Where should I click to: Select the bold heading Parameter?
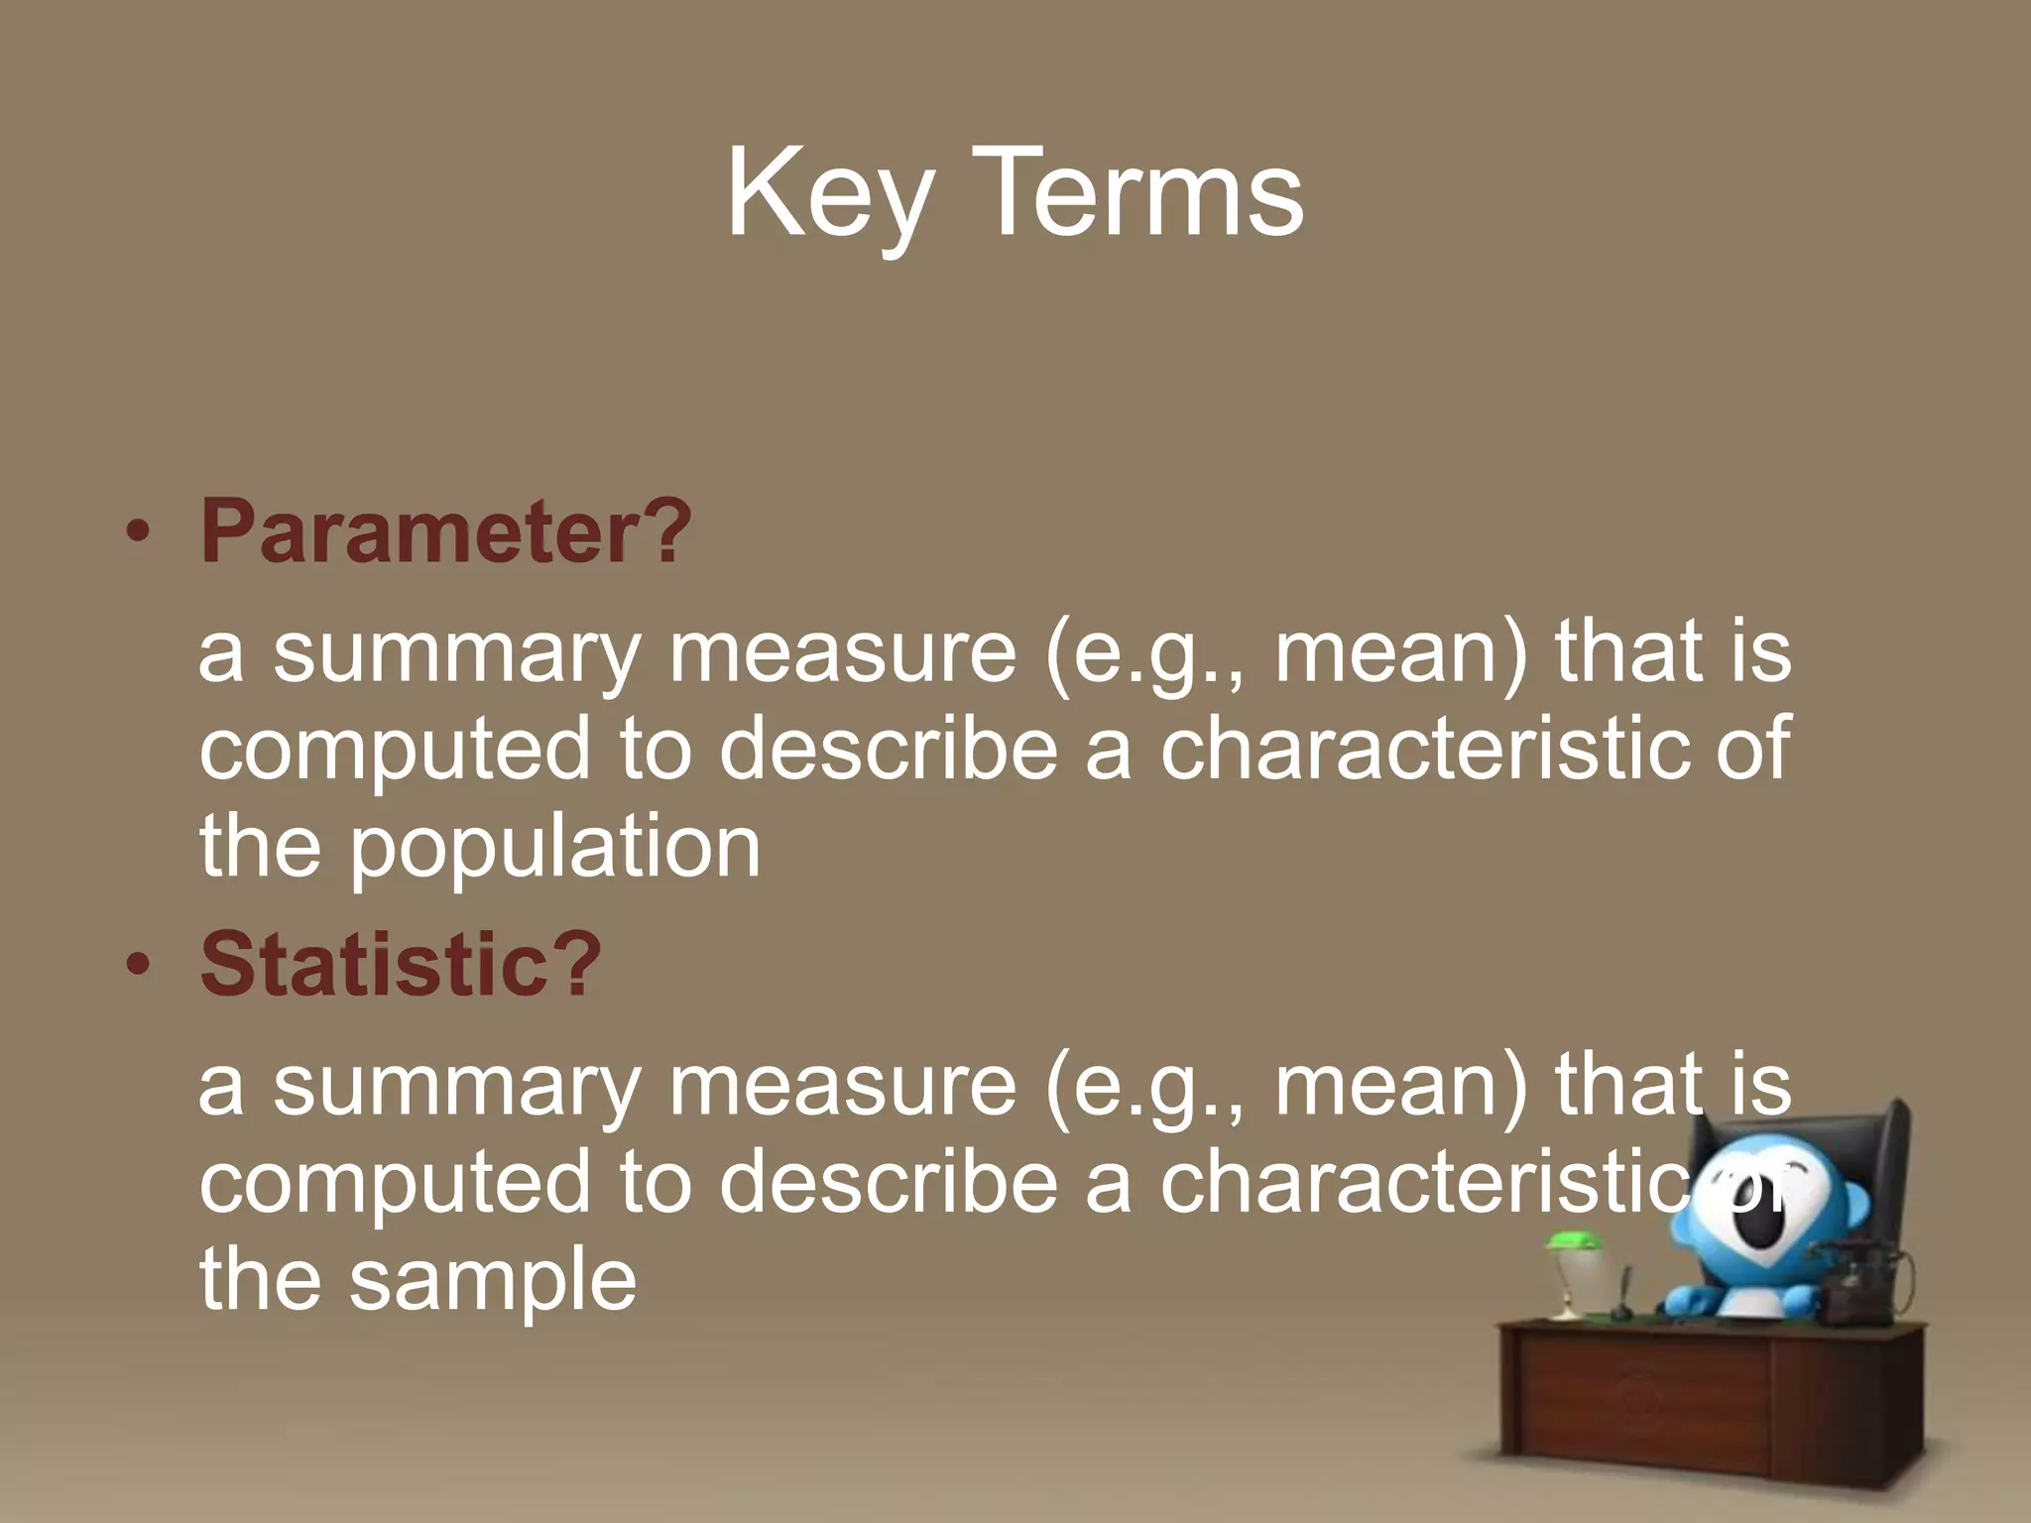445,531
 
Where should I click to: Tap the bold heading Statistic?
401,963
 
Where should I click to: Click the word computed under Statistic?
395,1182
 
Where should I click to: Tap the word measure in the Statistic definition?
843,1085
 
